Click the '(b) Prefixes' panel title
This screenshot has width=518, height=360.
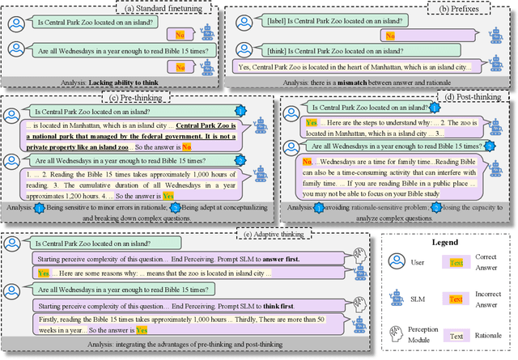pos(477,9)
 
